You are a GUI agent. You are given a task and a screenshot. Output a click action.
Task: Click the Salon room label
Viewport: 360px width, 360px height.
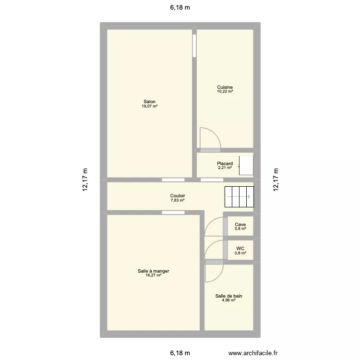[149, 101]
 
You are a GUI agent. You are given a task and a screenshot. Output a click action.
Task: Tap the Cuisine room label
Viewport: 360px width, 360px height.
[225, 87]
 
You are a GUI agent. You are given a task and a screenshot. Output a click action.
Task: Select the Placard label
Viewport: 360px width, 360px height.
[225, 164]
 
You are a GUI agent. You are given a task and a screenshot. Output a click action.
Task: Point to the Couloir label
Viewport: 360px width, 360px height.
[178, 196]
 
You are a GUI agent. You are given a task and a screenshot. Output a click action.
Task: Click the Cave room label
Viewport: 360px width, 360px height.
[240, 224]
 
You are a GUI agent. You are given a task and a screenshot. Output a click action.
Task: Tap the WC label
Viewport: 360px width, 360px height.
[240, 249]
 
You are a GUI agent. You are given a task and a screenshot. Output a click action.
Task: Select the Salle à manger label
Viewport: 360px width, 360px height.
[153, 271]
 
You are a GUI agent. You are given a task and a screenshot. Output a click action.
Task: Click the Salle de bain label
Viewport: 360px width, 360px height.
[228, 296]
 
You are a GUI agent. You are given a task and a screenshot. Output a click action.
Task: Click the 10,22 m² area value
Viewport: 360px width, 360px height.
[225, 91]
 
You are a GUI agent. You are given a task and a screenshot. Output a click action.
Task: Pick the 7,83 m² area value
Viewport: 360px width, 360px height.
[178, 200]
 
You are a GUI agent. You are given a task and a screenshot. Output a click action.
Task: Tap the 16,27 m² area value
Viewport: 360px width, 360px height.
[153, 276]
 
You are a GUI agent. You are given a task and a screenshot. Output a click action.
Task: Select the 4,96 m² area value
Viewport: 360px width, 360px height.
[228, 300]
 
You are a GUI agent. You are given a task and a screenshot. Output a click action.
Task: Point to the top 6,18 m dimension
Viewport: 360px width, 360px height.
[180, 7]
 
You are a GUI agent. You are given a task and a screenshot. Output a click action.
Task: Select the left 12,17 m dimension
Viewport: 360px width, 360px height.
[85, 180]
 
